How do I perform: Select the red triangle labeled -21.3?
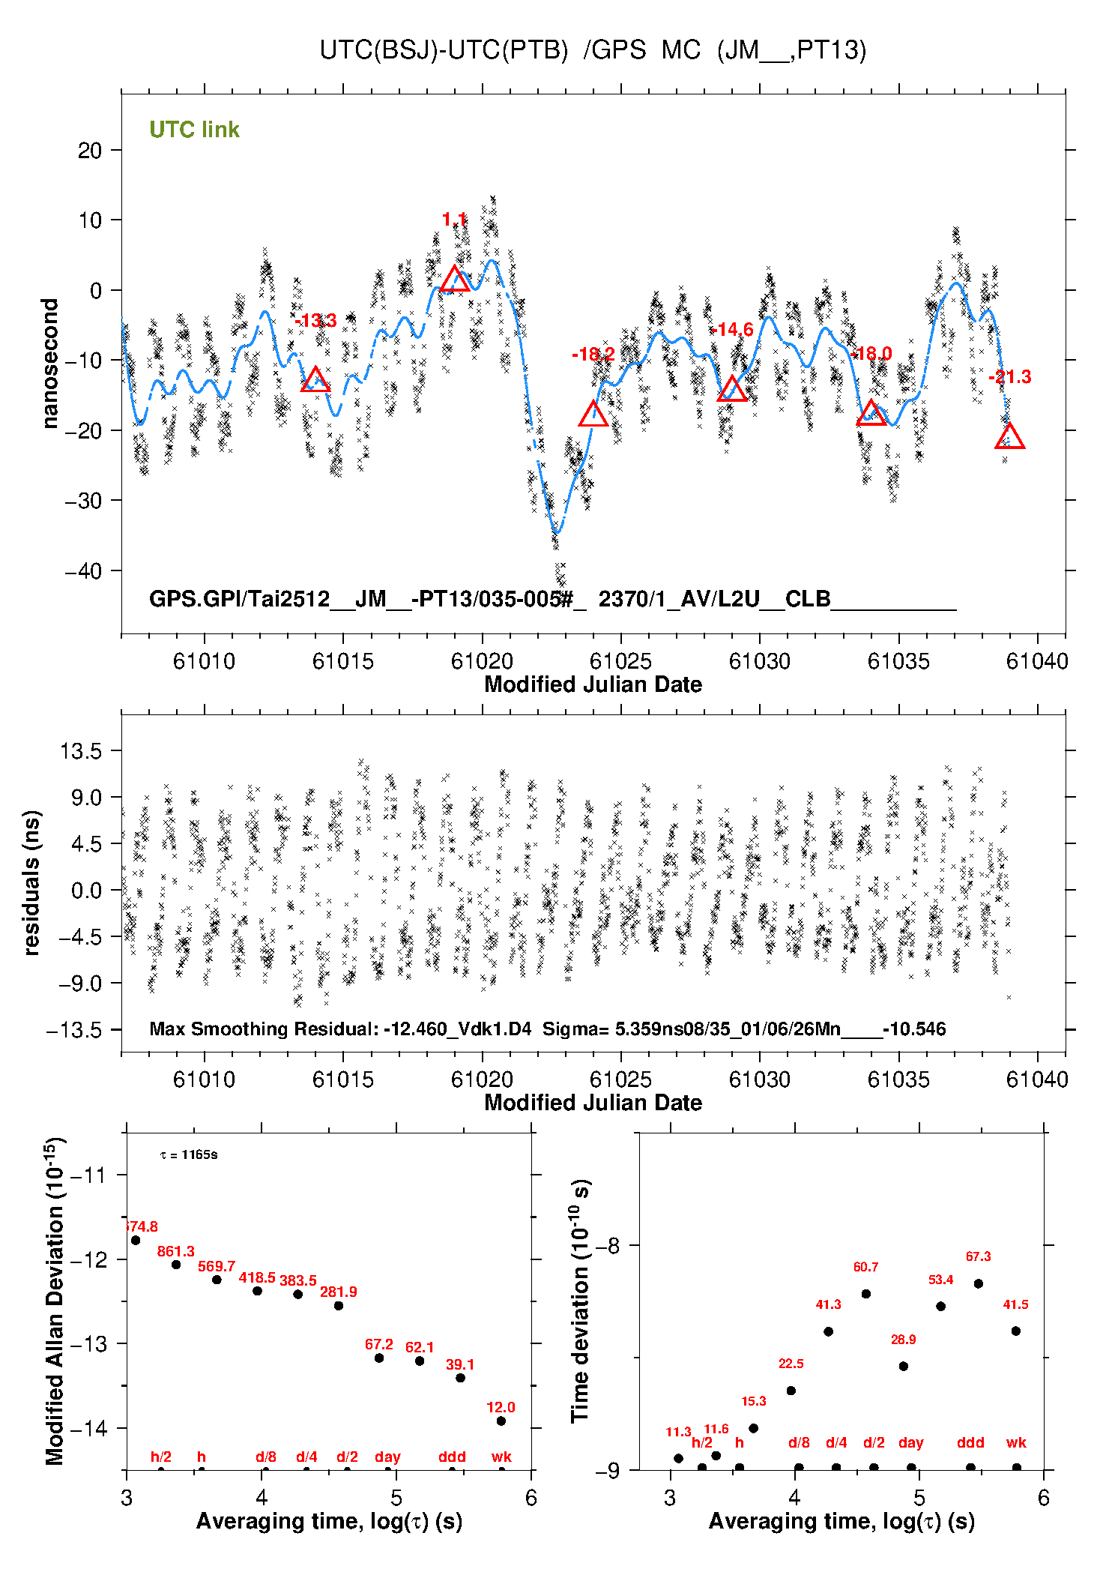click(x=1009, y=437)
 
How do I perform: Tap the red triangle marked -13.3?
click(x=315, y=381)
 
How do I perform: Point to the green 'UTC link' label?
click(x=194, y=130)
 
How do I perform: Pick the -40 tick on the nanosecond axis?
click(x=84, y=571)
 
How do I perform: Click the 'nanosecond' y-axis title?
click(x=50, y=364)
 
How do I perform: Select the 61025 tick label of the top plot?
click(x=620, y=661)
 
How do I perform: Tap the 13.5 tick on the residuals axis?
click(x=81, y=751)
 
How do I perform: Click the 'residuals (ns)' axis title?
click(x=31, y=883)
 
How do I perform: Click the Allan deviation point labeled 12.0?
click(x=501, y=1421)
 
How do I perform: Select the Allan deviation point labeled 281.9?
click(x=339, y=1306)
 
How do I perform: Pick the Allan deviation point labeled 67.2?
click(x=379, y=1358)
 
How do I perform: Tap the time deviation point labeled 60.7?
click(x=866, y=1294)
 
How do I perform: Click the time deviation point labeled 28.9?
click(x=904, y=1366)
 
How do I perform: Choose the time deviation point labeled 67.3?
click(x=979, y=1283)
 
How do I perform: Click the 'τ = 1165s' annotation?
click(x=189, y=1155)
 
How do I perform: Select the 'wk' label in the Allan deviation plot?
click(x=501, y=1457)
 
